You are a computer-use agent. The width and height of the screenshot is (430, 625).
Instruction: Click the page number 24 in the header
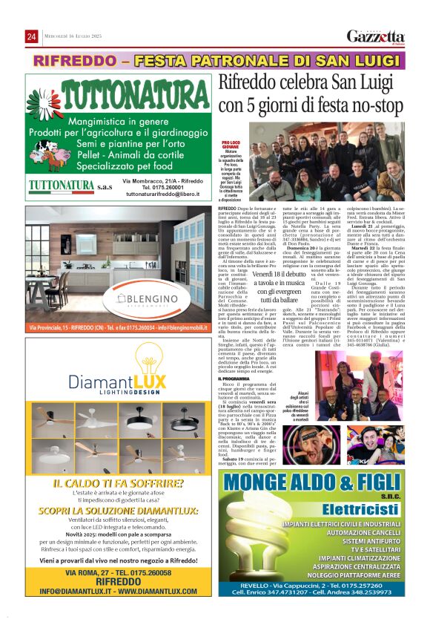pos(31,37)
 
